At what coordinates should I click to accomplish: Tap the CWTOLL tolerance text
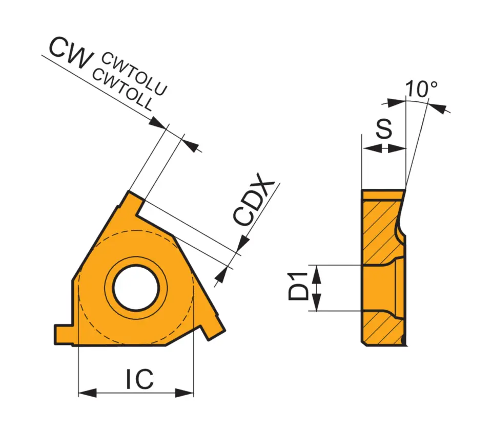click(x=122, y=89)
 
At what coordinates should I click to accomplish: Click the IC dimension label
click(x=139, y=379)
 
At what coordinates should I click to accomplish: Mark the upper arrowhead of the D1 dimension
click(x=317, y=273)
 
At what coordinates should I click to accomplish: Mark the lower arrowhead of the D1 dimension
click(x=317, y=303)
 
